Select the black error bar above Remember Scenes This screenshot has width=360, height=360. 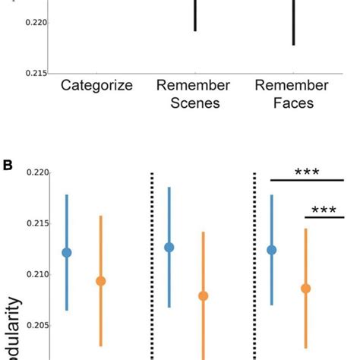coord(195,15)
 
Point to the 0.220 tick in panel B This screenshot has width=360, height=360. coord(36,173)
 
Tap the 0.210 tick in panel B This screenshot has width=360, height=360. coord(36,274)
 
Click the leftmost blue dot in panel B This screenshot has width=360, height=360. coord(67,252)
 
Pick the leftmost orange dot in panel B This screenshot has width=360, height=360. coord(100,281)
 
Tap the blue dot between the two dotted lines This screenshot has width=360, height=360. coord(169,247)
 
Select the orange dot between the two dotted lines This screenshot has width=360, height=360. coord(203,296)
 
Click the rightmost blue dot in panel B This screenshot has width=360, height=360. coord(272,249)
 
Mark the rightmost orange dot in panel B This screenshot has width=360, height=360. coord(305,288)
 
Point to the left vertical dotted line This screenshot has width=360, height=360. coord(151,266)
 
